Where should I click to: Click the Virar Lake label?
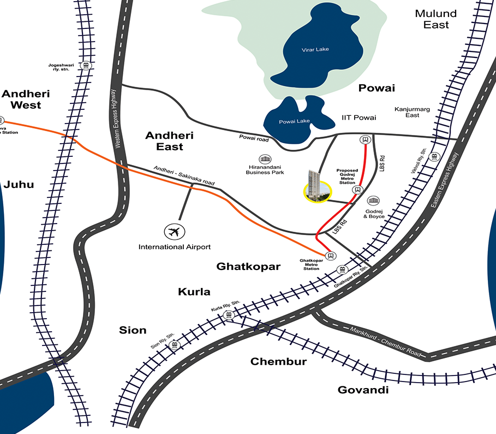[315, 50]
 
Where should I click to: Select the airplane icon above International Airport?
[174, 232]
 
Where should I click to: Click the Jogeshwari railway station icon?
[86, 66]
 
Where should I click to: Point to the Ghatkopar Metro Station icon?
[330, 256]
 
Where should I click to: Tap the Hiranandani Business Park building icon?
[265, 159]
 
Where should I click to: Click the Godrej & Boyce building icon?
[373, 202]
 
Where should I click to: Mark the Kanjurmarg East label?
[412, 112]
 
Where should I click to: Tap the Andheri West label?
[21, 98]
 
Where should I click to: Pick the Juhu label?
[19, 184]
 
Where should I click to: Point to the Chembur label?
[278, 361]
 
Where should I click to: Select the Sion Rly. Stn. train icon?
[175, 345]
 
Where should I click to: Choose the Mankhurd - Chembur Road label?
[387, 341]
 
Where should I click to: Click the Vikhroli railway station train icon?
[434, 157]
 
